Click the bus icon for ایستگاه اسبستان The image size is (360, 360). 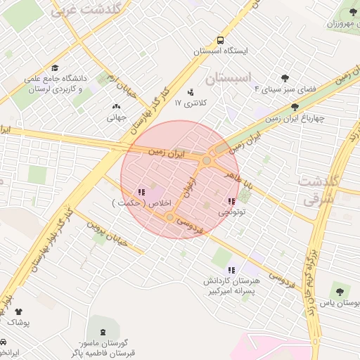[x=221, y=41]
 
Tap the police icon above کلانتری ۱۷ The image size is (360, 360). [x=190, y=91]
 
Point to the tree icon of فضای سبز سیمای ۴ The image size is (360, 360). [x=285, y=79]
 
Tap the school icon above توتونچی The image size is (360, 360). [x=231, y=201]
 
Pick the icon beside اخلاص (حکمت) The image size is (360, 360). [x=141, y=191]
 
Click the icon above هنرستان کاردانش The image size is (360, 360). [x=231, y=270]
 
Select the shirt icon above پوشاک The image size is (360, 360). [x=18, y=311]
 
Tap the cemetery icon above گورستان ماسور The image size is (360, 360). [x=104, y=330]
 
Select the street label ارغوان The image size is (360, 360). [x=189, y=188]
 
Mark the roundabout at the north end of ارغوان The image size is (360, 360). [x=207, y=161]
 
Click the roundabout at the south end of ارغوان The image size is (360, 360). [x=170, y=217]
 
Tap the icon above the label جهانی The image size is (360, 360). [x=115, y=107]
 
